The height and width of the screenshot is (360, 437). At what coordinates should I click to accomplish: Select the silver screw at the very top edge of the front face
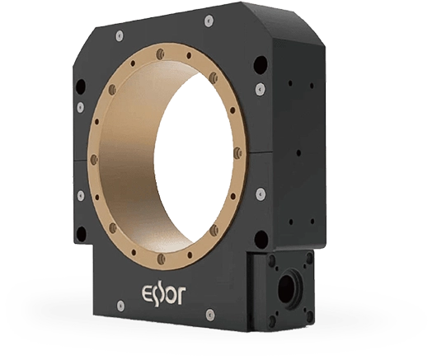tap(208, 20)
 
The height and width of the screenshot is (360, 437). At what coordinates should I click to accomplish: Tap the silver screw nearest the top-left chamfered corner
tap(120, 35)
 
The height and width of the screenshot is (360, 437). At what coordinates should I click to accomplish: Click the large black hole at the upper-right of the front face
tap(261, 63)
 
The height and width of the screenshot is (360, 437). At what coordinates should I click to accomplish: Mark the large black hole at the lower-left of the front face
tap(81, 233)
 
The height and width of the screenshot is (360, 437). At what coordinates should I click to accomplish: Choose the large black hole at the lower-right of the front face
tap(261, 237)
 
